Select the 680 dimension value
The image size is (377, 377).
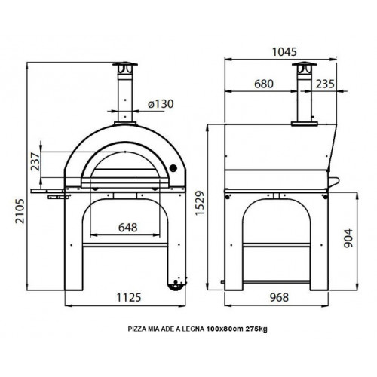pyautogui.click(x=264, y=85)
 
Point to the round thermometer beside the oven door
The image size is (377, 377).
pyautogui.click(x=173, y=167)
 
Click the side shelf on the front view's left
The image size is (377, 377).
pyautogui.click(x=50, y=182)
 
